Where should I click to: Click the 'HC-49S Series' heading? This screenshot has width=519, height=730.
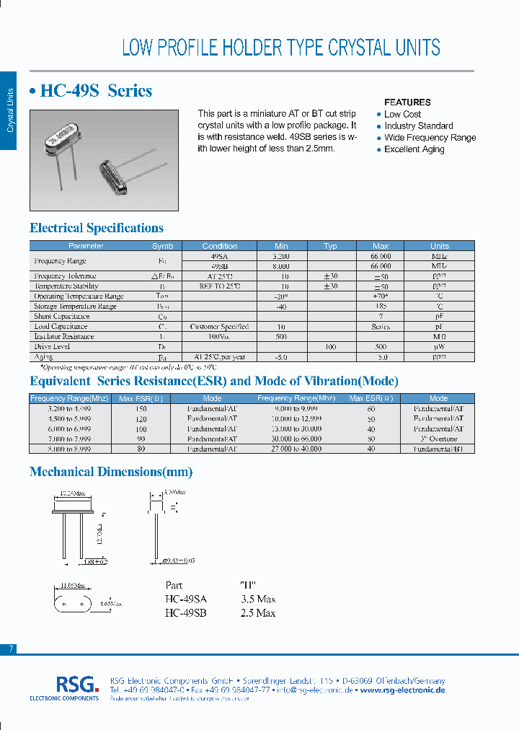(91, 91)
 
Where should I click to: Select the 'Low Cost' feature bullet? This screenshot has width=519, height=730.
(402, 114)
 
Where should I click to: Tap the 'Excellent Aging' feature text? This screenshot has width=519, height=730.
(414, 149)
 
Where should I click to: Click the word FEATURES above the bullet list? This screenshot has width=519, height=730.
(407, 102)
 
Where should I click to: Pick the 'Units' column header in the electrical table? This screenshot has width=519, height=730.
(439, 246)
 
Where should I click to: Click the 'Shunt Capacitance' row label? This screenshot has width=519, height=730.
(62, 316)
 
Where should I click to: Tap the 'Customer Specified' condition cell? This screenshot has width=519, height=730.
(219, 326)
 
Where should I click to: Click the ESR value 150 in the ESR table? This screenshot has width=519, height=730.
(141, 408)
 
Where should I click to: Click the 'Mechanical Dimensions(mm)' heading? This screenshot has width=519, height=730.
(111, 472)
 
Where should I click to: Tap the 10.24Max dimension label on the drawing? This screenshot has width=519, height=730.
(69, 494)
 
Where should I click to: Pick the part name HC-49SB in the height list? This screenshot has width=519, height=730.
(185, 613)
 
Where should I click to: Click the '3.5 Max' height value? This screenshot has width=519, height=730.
(258, 599)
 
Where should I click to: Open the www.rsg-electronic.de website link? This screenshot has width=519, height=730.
(402, 690)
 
